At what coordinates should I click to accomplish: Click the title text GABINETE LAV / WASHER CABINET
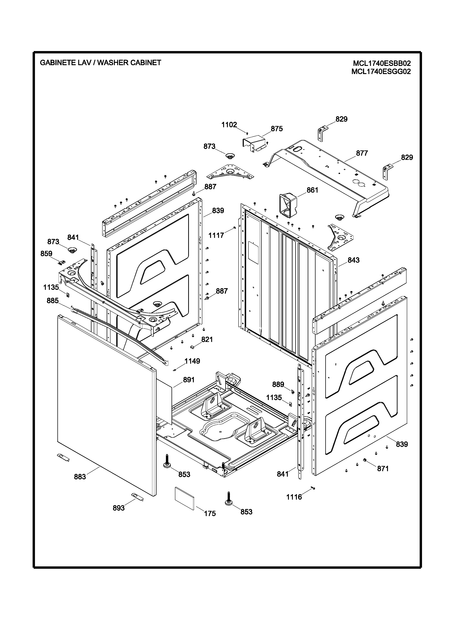100,63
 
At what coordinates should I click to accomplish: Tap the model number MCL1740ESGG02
381,72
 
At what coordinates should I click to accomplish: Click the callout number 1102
229,125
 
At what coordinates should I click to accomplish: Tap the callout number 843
353,260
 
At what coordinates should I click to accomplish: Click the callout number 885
53,301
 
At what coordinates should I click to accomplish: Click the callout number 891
189,380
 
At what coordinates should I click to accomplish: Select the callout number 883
80,477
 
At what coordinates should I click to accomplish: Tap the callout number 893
119,508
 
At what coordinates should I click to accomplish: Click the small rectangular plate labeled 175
184,498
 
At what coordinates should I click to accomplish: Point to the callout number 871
383,469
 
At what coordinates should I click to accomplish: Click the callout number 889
278,384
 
